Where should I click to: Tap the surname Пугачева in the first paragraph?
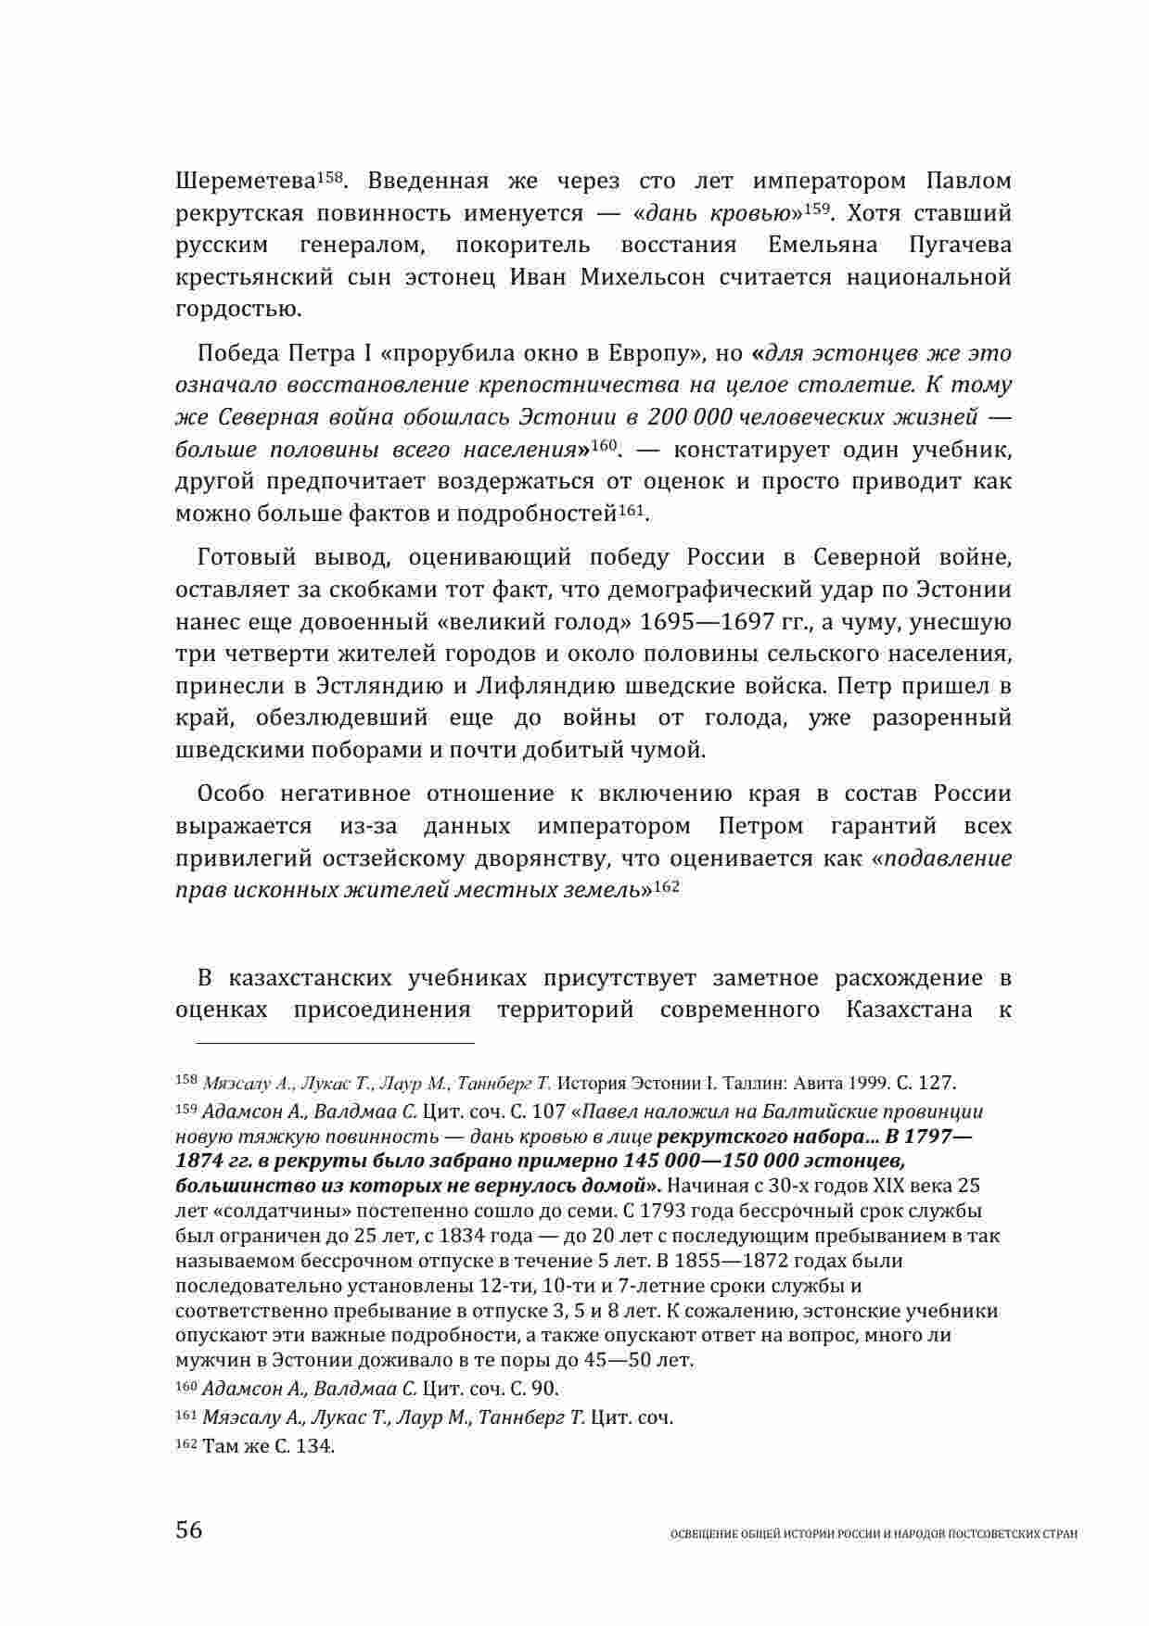(x=955, y=246)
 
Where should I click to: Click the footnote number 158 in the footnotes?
(x=185, y=1080)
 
